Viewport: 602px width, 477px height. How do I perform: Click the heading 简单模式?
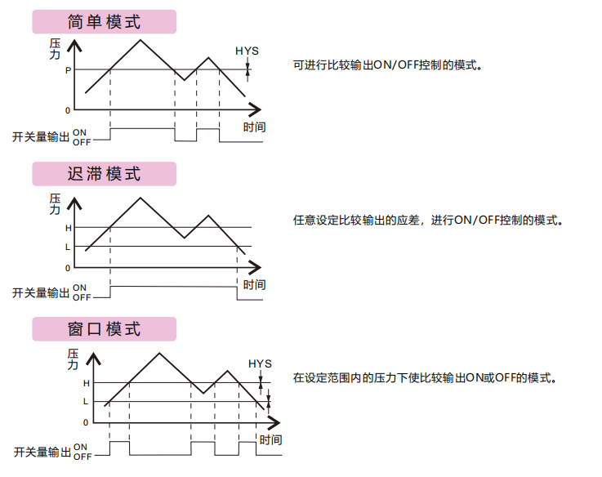click(x=104, y=22)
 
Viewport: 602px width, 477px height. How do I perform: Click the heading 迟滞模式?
click(x=104, y=174)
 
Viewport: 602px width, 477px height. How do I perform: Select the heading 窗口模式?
click(x=104, y=329)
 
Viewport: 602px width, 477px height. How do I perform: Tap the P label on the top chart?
click(x=68, y=70)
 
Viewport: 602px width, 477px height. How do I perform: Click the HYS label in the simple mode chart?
click(x=247, y=51)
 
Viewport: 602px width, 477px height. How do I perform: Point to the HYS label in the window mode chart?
click(x=260, y=363)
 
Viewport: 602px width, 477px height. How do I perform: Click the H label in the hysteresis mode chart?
click(x=69, y=228)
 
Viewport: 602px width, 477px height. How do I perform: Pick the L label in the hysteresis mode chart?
click(x=68, y=247)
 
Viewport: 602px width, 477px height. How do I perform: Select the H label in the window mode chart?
click(x=87, y=383)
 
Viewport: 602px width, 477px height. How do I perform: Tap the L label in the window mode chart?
click(x=86, y=402)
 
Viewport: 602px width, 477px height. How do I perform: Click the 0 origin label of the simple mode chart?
click(x=68, y=110)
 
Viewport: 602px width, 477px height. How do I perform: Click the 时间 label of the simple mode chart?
click(x=255, y=127)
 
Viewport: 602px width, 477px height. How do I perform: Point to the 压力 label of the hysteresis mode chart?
click(x=55, y=204)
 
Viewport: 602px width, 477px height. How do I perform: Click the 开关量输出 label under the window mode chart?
click(x=42, y=452)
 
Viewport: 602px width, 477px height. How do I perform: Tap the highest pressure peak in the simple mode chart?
click(x=140, y=40)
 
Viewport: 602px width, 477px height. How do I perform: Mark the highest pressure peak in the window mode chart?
click(x=159, y=353)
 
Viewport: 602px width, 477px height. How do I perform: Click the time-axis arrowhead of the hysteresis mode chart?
click(x=256, y=267)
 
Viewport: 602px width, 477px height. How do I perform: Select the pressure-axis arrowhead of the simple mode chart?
click(x=74, y=45)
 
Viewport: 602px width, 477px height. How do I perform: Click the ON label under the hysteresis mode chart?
click(x=79, y=288)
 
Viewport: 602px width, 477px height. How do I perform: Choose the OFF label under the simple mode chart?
click(x=82, y=142)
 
